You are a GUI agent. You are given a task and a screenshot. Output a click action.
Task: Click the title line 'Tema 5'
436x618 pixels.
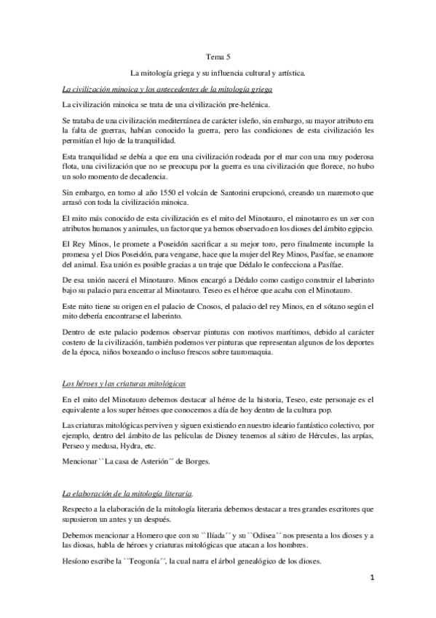218,56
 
